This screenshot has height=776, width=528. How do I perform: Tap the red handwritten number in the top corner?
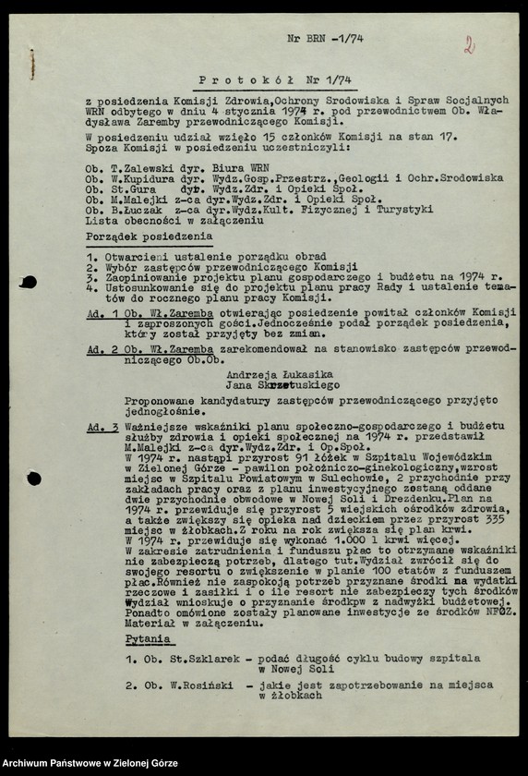469,44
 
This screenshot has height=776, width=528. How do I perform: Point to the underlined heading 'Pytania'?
149,638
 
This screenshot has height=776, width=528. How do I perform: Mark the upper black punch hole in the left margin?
29,282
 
